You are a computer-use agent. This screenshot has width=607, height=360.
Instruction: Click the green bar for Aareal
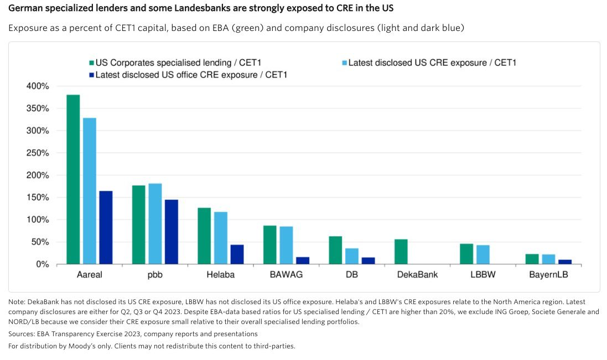(73, 180)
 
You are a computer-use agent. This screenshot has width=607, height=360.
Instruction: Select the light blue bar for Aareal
(89, 191)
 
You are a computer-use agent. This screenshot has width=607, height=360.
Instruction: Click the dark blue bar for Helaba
(237, 254)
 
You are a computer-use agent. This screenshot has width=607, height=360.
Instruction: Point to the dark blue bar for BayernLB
(564, 262)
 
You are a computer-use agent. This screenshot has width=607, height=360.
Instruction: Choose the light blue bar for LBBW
(483, 254)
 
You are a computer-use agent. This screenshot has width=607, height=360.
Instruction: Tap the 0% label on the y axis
(43, 264)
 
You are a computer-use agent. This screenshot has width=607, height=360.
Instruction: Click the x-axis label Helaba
(221, 275)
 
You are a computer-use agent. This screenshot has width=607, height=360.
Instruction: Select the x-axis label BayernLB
(548, 275)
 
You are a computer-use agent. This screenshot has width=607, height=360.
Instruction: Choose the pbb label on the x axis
(155, 275)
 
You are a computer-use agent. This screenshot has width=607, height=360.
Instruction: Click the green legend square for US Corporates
(91, 63)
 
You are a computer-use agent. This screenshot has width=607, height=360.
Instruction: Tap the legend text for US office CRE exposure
(191, 75)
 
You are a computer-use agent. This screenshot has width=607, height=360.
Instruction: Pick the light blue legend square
(344, 63)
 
